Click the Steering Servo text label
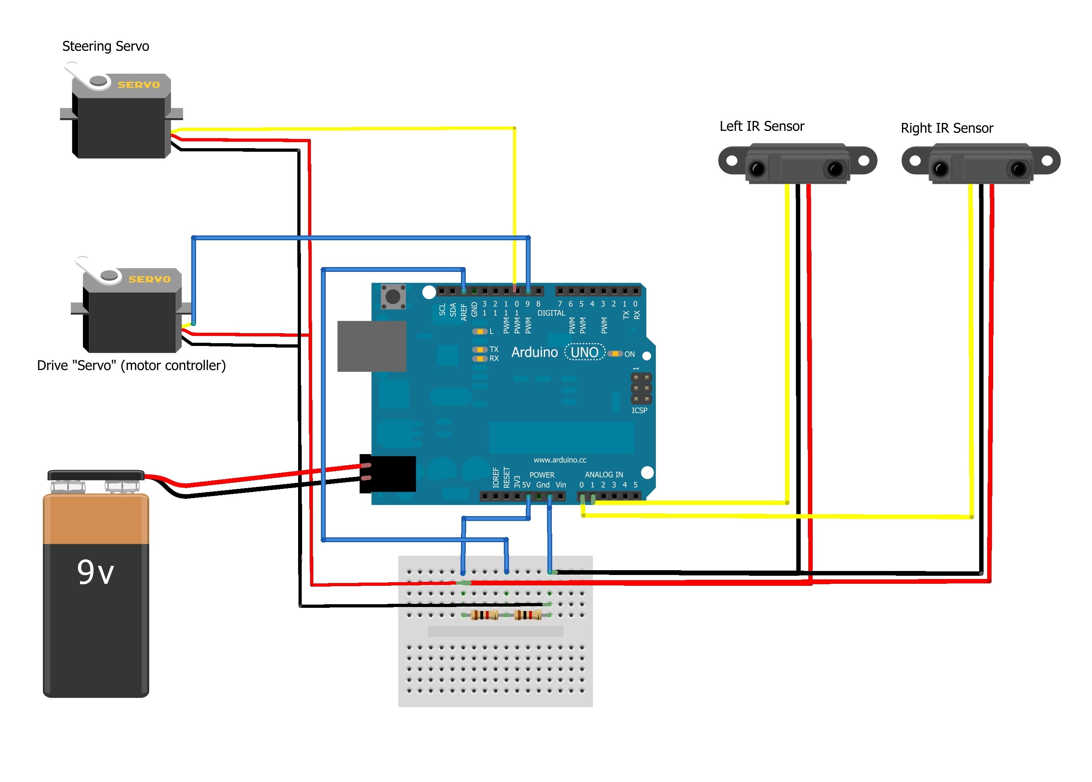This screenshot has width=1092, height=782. (105, 46)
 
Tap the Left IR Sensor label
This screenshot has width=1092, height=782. (761, 126)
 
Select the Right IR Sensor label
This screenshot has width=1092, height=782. (946, 128)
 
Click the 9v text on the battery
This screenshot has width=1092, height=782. (95, 572)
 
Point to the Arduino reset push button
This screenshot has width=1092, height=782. (393, 296)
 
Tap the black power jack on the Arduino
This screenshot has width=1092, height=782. (388, 474)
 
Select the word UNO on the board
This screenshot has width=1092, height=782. (584, 352)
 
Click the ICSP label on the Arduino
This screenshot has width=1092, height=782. (639, 410)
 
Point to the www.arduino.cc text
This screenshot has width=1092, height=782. (559, 460)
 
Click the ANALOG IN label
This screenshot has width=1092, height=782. (603, 474)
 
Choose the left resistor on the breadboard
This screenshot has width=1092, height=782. (484, 615)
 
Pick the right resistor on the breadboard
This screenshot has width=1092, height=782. (527, 615)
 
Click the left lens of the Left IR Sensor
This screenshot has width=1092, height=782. (757, 169)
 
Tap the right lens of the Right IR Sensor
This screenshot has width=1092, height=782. (1018, 169)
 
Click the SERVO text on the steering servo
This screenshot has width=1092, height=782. (138, 85)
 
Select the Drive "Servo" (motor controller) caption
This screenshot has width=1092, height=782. (131, 366)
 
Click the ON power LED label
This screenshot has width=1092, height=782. (629, 354)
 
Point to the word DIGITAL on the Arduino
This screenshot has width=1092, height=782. (551, 313)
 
